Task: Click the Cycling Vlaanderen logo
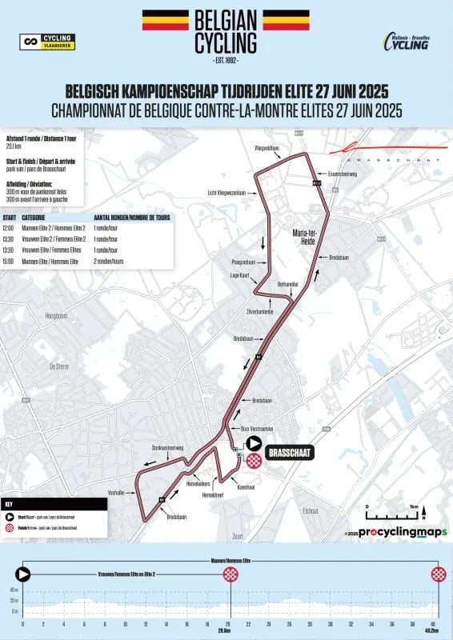[48, 40]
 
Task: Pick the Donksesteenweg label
[168, 447]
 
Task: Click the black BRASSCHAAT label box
[289, 453]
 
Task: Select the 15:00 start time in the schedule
[10, 261]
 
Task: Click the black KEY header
[54, 504]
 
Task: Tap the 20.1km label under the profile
[230, 630]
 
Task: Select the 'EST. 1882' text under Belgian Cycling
[226, 60]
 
